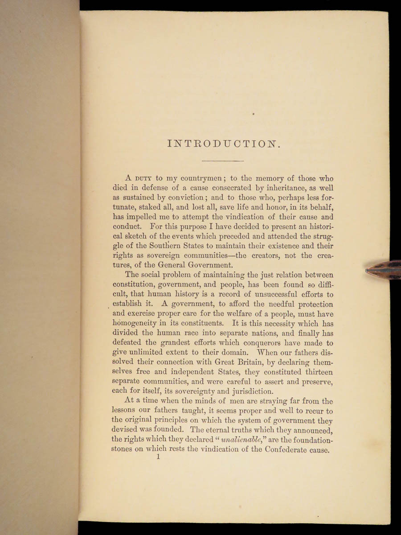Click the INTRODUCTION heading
223,144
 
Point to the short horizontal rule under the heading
223,160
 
